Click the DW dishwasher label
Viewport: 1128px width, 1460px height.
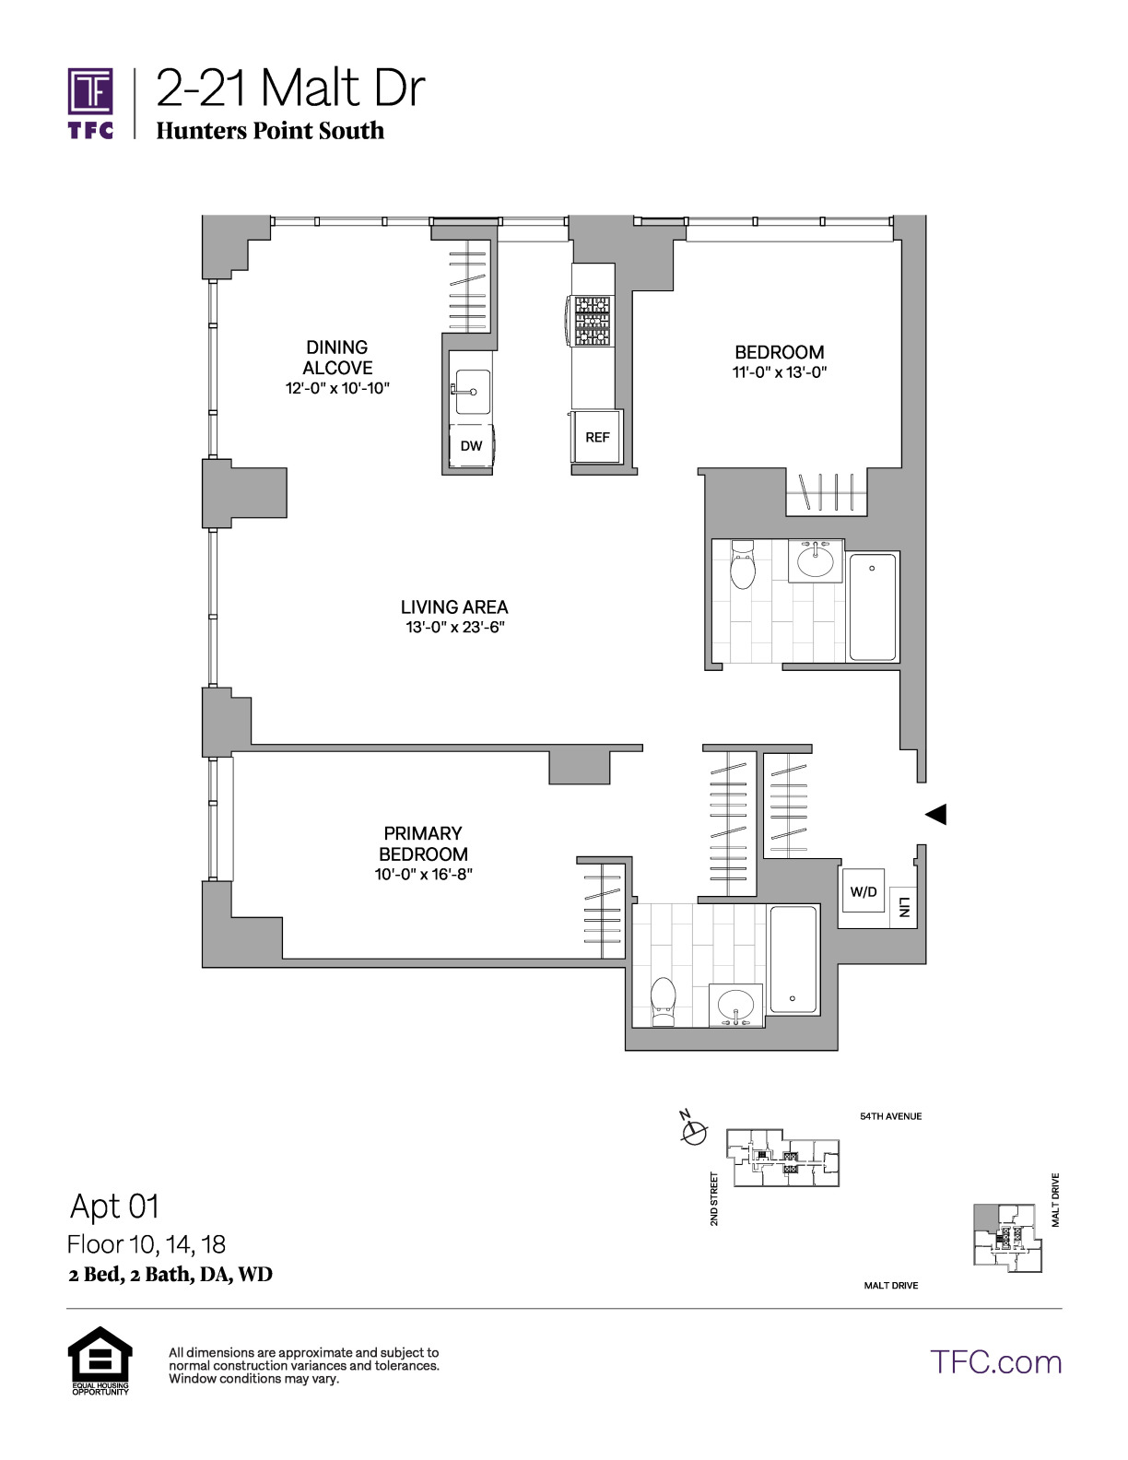coord(471,445)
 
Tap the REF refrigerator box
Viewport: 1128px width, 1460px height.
coord(597,437)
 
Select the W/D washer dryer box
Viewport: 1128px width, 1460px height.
coord(864,891)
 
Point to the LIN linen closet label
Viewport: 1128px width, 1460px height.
coord(904,907)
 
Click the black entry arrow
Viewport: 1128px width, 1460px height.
coord(936,814)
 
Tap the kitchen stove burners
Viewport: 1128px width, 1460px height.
coord(593,321)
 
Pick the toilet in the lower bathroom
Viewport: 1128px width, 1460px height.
coord(664,1002)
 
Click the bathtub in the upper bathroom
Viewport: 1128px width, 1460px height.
coord(872,606)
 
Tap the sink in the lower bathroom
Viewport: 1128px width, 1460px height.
coord(735,1006)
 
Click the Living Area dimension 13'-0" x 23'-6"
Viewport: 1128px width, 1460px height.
coord(455,628)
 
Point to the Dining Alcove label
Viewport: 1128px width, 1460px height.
coord(337,358)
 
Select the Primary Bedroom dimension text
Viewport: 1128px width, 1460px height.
coord(424,874)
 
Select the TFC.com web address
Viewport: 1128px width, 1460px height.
coord(995,1362)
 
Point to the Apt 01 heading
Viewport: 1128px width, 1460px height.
coord(115,1207)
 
